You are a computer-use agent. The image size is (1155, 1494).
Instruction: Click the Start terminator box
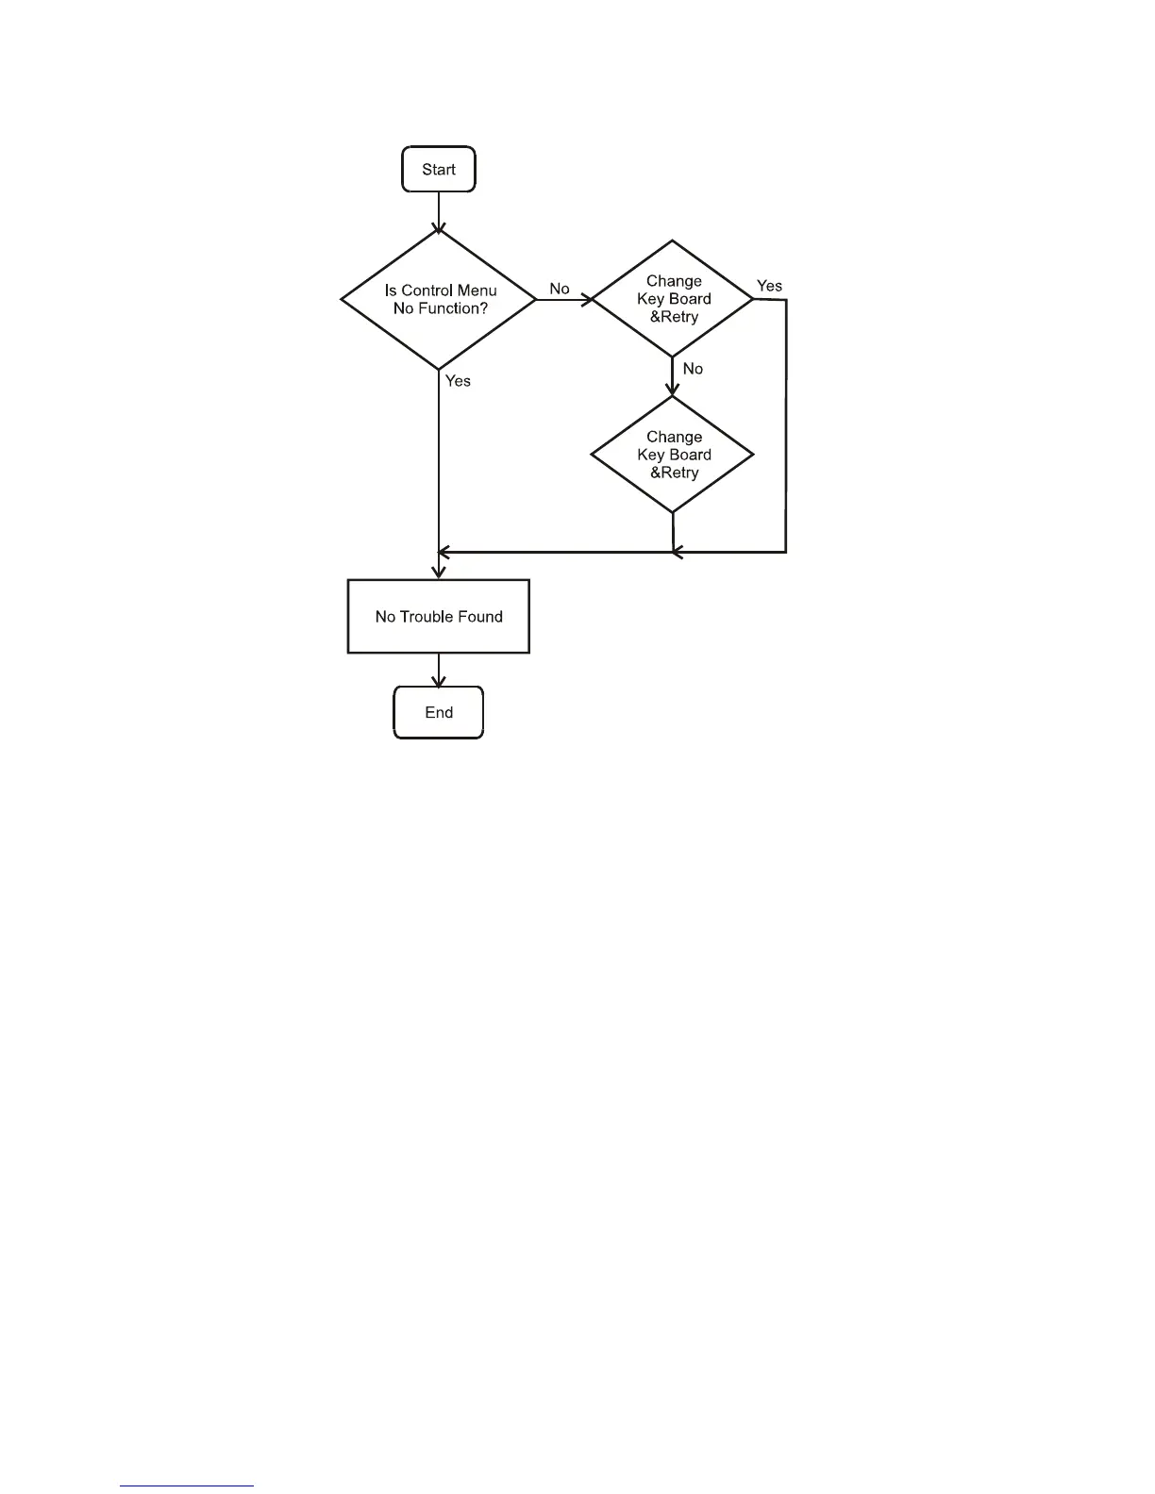pos(439,170)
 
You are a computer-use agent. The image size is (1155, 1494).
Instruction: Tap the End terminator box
pos(439,713)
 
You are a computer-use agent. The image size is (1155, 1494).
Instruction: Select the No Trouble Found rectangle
pos(439,617)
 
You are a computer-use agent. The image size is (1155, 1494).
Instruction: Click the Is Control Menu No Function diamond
pos(439,300)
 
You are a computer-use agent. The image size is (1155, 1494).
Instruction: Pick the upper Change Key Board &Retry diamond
pos(673,299)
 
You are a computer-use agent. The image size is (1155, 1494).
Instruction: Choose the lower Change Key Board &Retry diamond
pos(673,455)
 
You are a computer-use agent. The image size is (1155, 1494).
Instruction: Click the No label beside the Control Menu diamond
pos(560,289)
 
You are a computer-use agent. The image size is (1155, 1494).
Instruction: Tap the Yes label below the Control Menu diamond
pos(458,381)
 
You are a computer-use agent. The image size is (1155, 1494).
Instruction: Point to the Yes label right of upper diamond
pos(769,286)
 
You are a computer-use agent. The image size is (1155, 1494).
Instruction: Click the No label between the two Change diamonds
pos(693,369)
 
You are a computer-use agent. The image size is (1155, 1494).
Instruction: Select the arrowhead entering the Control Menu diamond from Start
pos(439,227)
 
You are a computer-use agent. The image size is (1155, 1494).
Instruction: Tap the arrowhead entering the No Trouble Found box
pos(439,573)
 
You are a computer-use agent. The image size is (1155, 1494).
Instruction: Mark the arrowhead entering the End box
pos(439,682)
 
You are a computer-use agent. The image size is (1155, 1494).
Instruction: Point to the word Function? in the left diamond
pos(452,309)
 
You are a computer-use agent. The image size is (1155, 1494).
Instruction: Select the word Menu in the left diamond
pos(477,290)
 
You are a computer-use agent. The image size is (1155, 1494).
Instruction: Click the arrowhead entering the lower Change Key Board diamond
pos(673,390)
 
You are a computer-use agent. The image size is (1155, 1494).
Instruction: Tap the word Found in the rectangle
pos(481,617)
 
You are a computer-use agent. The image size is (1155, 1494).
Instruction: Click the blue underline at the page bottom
pos(187,1486)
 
